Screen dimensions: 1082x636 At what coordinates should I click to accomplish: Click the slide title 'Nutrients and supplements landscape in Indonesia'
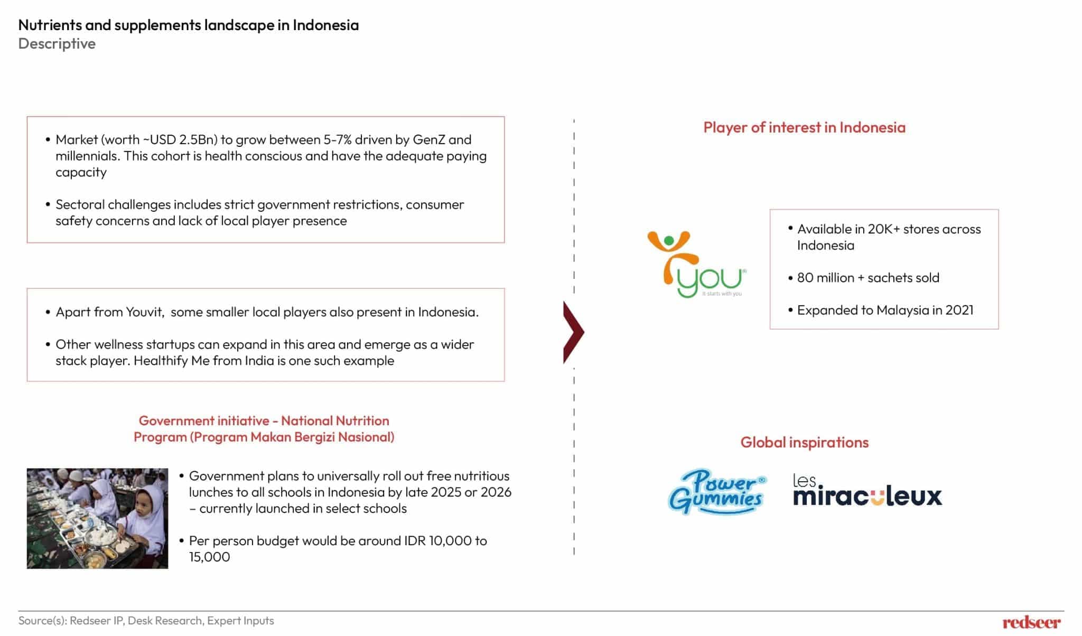pos(189,25)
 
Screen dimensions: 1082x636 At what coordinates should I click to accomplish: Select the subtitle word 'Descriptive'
pos(57,43)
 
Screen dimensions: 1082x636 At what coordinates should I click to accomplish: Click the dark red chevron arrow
pos(574,332)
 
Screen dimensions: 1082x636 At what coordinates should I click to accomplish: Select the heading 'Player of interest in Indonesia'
pos(804,127)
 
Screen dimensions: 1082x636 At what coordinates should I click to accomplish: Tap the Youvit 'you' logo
pos(697,264)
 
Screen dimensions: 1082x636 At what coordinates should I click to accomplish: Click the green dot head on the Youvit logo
pos(669,241)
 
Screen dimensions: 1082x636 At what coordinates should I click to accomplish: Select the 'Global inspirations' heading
pos(804,442)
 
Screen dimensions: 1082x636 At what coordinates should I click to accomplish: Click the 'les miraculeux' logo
pos(868,490)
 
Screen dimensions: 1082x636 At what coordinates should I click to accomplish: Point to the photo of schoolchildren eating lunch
pos(97,518)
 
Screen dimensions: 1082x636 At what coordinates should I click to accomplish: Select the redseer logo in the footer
pos(1031,622)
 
